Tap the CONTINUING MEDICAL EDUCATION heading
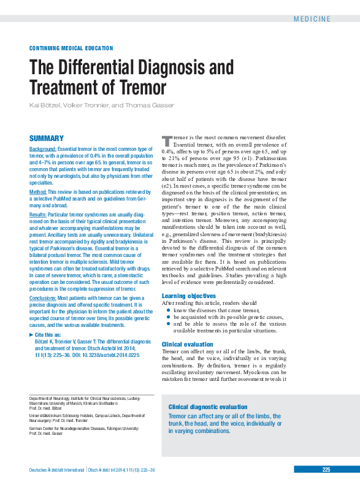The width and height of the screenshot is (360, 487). tap(71, 48)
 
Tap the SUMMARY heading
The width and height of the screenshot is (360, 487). tap(47, 139)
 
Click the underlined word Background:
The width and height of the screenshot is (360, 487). tap(43, 149)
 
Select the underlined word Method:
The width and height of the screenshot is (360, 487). tap(38, 192)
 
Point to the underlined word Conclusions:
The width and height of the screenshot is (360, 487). tap(44, 297)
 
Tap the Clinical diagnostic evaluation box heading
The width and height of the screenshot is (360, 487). tap(208, 407)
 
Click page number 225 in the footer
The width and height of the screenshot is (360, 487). tap(326, 469)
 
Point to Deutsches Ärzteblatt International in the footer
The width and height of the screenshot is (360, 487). tap(57, 470)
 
